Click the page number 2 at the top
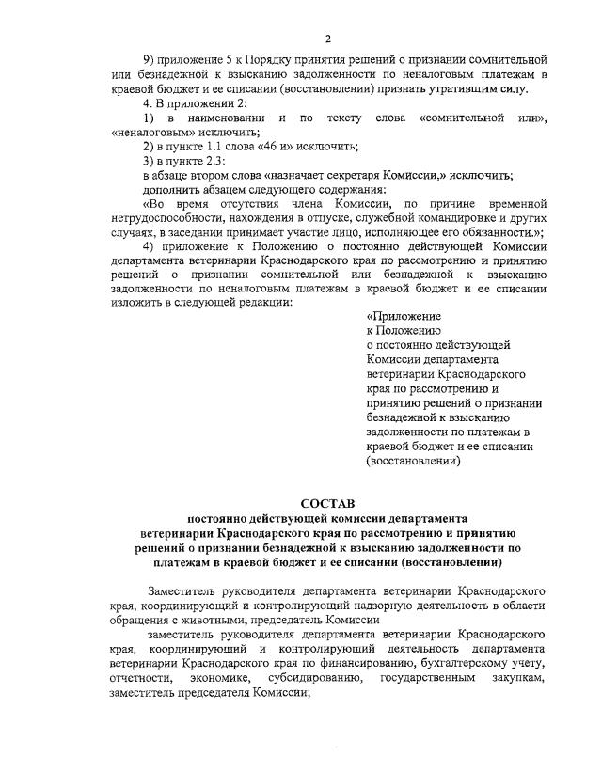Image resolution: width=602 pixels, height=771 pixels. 328,39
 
